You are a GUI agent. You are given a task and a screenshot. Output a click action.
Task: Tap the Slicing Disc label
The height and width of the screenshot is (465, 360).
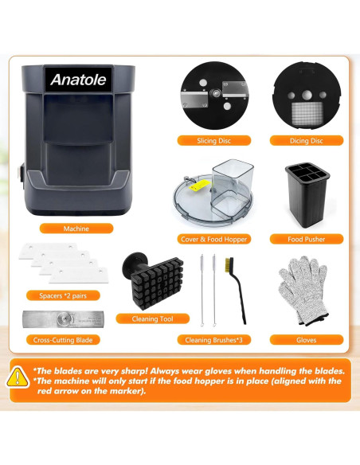[x=215, y=141]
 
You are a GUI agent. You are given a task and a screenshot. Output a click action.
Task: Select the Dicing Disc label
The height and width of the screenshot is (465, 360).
[x=307, y=141]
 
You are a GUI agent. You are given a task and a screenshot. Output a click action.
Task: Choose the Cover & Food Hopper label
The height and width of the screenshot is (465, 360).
[x=214, y=239]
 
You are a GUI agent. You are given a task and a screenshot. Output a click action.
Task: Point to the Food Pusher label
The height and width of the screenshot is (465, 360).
[x=306, y=239]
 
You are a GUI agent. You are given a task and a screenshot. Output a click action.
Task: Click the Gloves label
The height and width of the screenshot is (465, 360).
[x=307, y=339]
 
